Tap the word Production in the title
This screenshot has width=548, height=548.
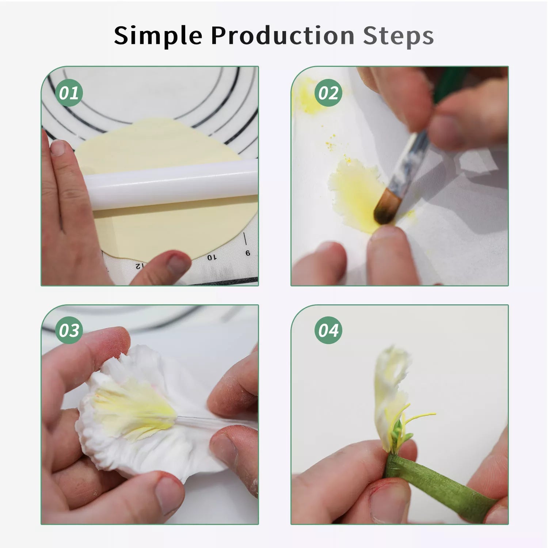tap(283, 35)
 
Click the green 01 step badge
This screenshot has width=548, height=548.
tap(69, 92)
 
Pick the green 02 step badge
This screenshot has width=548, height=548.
tap(328, 92)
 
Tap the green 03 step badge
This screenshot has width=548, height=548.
tap(69, 330)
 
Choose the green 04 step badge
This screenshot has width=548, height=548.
tap(328, 330)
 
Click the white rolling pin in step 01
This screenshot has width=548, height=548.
tap(172, 186)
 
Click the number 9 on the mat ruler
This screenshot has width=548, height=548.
tap(248, 253)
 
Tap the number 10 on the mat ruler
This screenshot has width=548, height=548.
tap(212, 257)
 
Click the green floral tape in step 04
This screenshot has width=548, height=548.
tap(438, 479)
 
